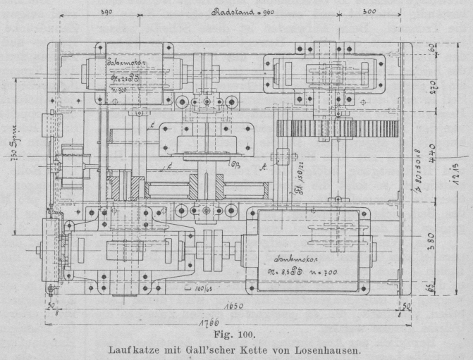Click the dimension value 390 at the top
tap(106, 13)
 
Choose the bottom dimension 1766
tap(206, 323)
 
